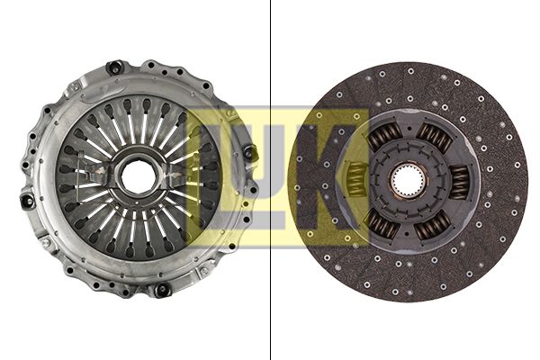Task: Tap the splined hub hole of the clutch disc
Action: [408, 181]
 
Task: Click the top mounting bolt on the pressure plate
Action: [114, 67]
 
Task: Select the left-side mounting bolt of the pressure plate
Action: [28, 201]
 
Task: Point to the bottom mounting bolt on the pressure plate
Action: [162, 290]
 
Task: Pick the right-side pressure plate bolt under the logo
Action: [250, 152]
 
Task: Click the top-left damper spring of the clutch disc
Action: [384, 135]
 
